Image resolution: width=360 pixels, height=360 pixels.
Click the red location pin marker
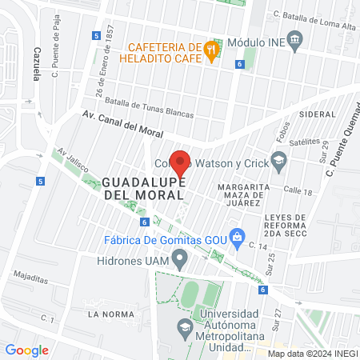(x=180, y=163)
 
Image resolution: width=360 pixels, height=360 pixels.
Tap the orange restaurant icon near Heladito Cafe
(x=210, y=48)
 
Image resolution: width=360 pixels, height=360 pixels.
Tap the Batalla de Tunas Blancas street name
(x=150, y=108)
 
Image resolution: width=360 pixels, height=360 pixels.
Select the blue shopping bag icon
(x=237, y=236)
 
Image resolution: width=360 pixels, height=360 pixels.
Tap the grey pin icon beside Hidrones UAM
(x=181, y=259)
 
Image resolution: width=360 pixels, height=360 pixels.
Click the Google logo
(x=27, y=350)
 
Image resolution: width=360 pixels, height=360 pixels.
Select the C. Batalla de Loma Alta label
(x=313, y=14)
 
